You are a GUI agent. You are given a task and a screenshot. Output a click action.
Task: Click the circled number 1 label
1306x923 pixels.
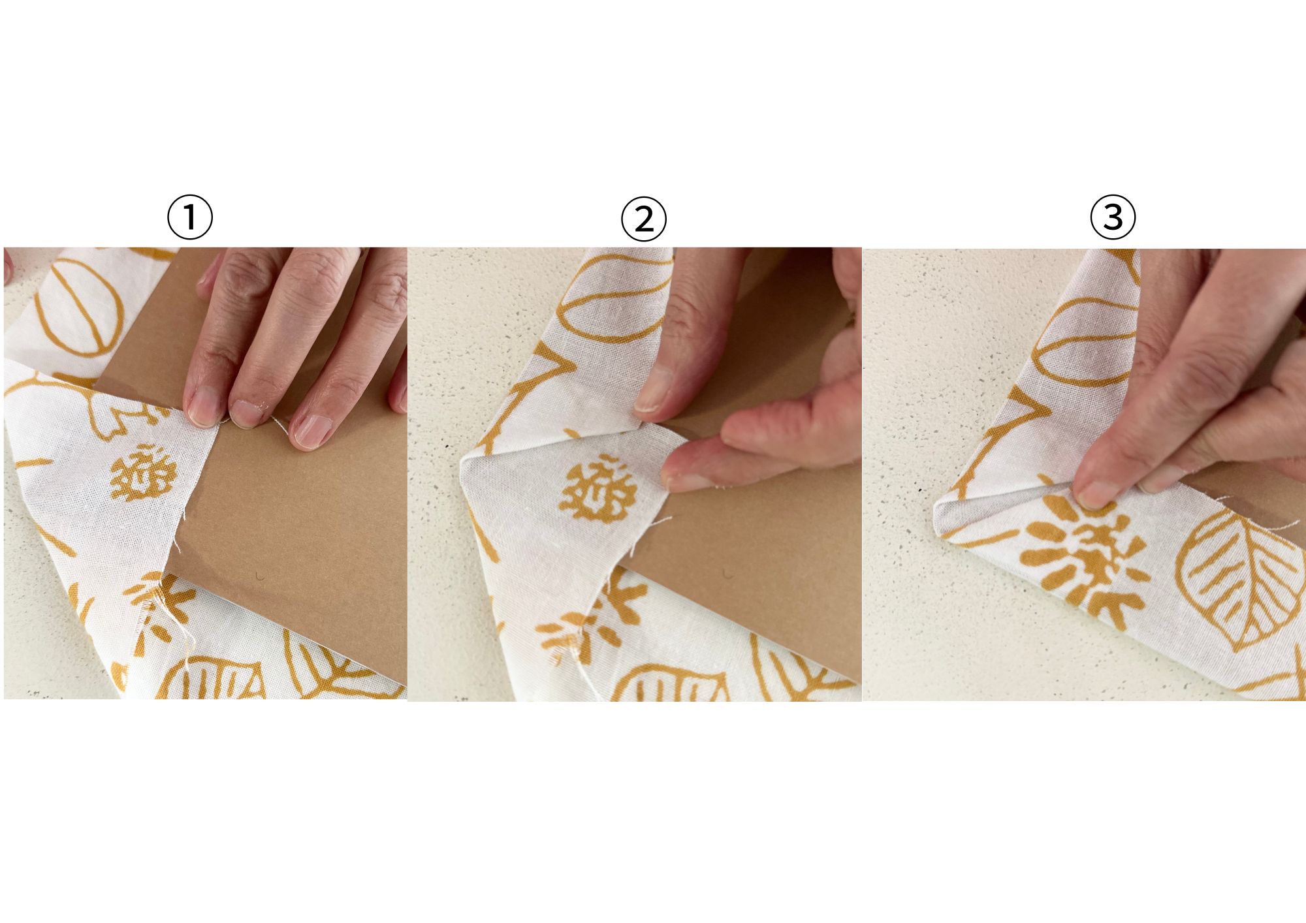click(x=190, y=218)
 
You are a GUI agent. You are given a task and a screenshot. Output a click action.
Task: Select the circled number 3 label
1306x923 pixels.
click(x=1113, y=217)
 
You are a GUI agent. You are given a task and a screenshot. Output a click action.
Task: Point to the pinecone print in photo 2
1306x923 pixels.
click(x=597, y=492)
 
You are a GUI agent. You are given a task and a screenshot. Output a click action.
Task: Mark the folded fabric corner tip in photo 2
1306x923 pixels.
click(x=463, y=461)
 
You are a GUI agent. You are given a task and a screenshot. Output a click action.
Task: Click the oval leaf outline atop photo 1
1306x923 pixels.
click(x=78, y=307)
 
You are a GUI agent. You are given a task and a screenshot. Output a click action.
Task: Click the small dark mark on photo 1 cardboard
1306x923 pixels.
click(x=260, y=576)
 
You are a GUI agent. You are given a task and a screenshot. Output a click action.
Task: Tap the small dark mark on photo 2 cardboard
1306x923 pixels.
click(x=728, y=574)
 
